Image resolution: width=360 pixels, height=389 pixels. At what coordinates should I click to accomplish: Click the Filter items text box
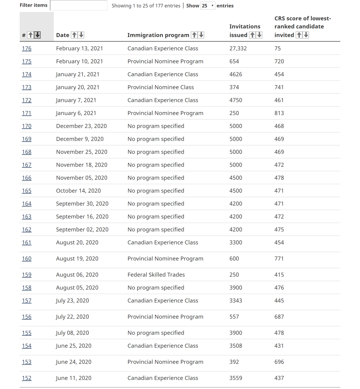pyautogui.click(x=79, y=5)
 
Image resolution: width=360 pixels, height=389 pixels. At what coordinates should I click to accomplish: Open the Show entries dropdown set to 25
pyautogui.click(x=208, y=6)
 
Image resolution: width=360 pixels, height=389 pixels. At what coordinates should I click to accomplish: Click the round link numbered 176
pyautogui.click(x=27, y=48)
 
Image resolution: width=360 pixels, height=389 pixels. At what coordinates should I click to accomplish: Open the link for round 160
pyautogui.click(x=27, y=259)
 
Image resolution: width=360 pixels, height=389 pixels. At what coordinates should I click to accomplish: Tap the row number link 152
pyautogui.click(x=27, y=378)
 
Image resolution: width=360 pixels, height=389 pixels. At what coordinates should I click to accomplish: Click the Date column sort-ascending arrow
pyautogui.click(x=75, y=35)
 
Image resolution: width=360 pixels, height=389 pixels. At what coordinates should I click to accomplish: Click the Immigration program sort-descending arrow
pyautogui.click(x=201, y=35)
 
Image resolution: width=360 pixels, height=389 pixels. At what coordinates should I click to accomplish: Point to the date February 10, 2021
pyautogui.click(x=79, y=61)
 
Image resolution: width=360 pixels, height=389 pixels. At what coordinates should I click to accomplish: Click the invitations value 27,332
pyautogui.click(x=238, y=48)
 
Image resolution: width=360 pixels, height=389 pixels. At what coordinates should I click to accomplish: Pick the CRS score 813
pyautogui.click(x=279, y=113)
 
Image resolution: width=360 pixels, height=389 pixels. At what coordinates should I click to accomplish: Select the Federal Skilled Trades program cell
pyautogui.click(x=156, y=275)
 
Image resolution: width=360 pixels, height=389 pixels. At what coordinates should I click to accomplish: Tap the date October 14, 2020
pyautogui.click(x=78, y=191)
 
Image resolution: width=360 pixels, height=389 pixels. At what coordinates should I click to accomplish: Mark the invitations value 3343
pyautogui.click(x=236, y=301)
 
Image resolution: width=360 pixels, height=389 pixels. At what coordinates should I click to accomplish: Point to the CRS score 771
pyautogui.click(x=279, y=259)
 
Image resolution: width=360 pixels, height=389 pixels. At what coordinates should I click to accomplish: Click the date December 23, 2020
pyautogui.click(x=81, y=126)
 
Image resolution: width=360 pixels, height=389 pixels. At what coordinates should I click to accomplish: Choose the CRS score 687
pyautogui.click(x=279, y=317)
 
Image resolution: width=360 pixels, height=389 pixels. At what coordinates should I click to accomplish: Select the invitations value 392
pyautogui.click(x=234, y=362)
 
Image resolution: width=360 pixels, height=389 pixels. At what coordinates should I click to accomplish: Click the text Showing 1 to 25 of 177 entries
pyautogui.click(x=146, y=6)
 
